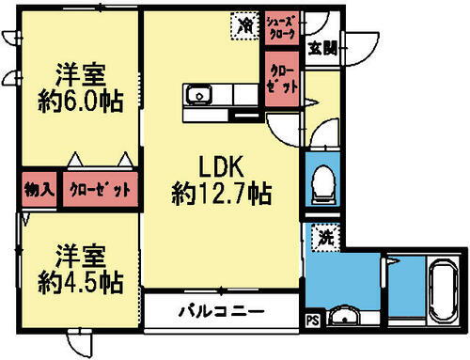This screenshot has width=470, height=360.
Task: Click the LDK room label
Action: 222,167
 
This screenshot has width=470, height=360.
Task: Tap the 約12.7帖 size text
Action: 222,195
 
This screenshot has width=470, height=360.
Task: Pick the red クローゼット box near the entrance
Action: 283,77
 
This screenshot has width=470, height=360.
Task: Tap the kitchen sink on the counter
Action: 199,95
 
